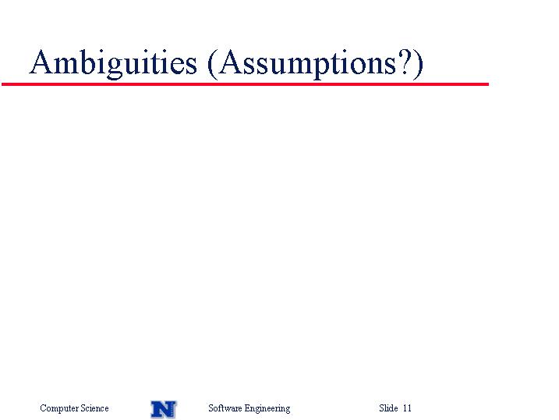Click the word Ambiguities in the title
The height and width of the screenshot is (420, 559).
tap(113, 63)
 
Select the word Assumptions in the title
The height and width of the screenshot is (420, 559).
tap(307, 63)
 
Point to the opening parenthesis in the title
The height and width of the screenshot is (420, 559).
tap(212, 64)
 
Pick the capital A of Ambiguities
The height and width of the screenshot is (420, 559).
tap(42, 62)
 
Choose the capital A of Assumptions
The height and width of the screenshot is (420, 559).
tap(232, 62)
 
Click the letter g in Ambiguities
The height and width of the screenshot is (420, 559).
tap(115, 66)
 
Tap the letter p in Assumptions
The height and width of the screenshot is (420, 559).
tap(322, 66)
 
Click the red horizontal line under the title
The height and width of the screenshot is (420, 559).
tap(245, 84)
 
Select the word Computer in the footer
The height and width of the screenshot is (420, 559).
tap(59, 408)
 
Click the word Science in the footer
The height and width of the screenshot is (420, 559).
tap(94, 408)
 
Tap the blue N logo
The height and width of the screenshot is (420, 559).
tap(163, 409)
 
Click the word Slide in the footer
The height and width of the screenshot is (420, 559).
tap(388, 408)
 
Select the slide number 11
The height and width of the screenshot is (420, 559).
tap(407, 408)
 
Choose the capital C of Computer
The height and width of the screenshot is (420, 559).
tap(43, 408)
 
